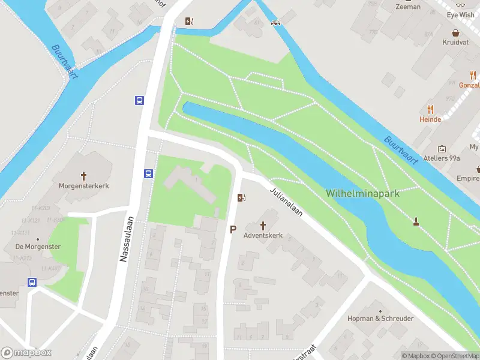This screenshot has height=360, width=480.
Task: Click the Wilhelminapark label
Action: click(362, 193)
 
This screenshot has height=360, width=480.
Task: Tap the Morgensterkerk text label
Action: click(83, 186)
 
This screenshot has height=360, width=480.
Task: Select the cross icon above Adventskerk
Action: click(263, 225)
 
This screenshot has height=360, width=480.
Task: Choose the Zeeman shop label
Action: click(408, 7)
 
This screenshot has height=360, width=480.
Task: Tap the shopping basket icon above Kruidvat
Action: click(455, 34)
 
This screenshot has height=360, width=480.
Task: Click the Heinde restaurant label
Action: click(430, 119)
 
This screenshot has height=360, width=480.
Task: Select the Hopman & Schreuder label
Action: click(380, 319)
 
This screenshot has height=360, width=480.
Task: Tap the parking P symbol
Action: click(233, 229)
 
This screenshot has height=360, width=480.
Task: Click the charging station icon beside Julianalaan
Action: click(241, 197)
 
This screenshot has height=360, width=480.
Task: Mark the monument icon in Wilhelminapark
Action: click(415, 223)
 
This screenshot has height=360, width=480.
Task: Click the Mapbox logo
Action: click(26, 353)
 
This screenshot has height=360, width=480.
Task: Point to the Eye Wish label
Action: click(460, 15)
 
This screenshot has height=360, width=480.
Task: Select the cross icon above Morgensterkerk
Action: click(83, 176)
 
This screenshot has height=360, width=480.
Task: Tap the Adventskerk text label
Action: click(263, 236)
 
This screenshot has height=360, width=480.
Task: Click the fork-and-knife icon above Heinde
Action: click(430, 109)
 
